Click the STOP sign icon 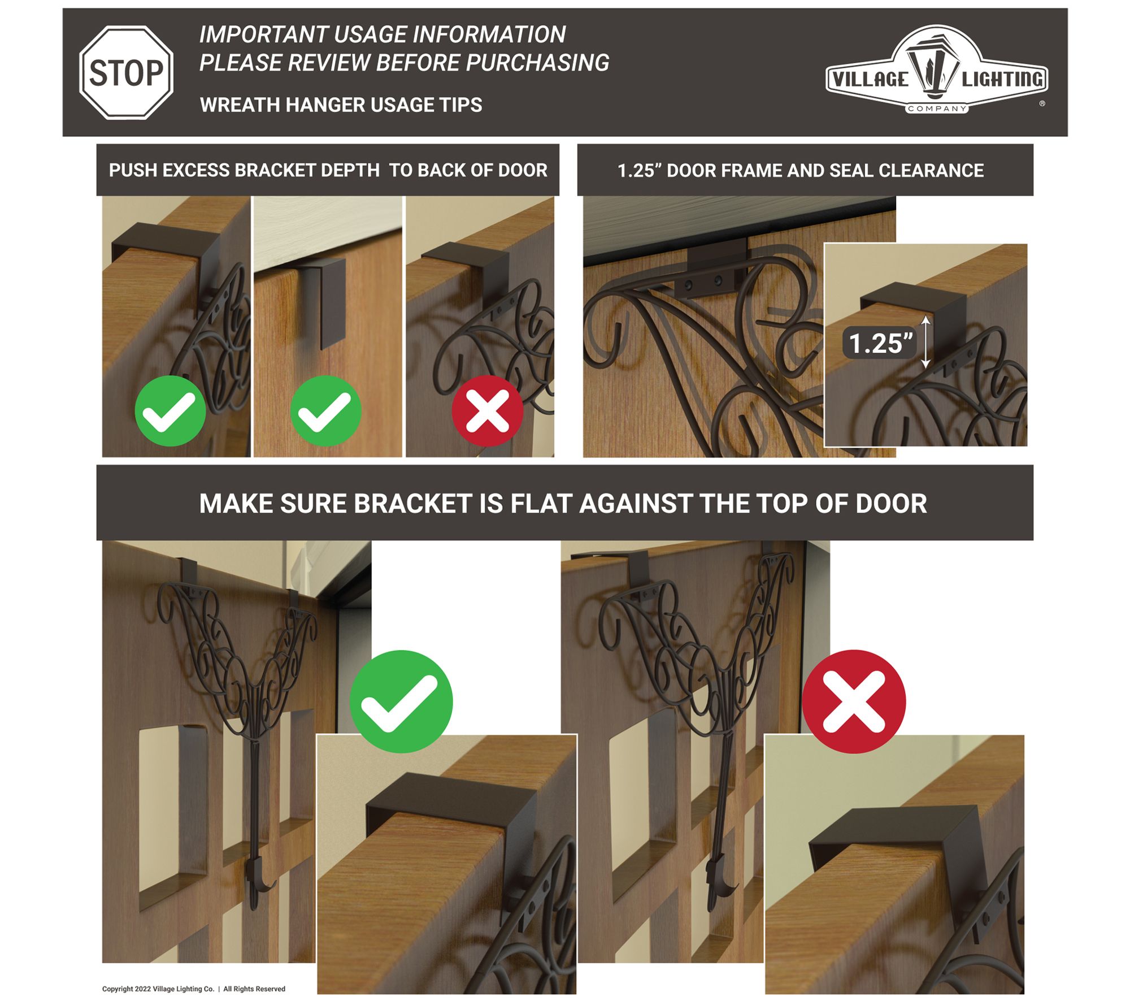[x=126, y=72]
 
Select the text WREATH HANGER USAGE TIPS [x=341, y=105]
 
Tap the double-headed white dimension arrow [x=925, y=342]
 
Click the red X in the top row [x=488, y=411]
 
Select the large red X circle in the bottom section [x=854, y=701]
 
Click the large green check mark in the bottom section [x=401, y=701]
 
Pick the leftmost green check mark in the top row [x=170, y=411]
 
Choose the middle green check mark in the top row [x=325, y=411]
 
